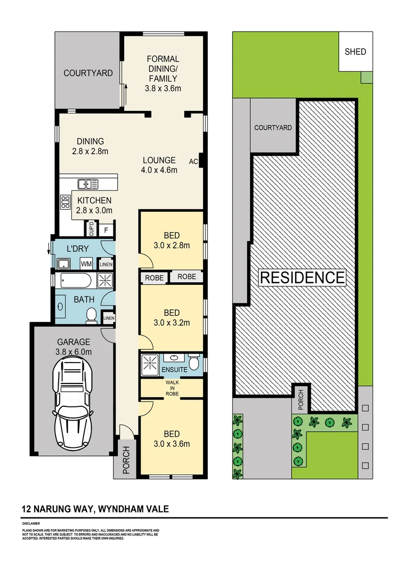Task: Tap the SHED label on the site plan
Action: [x=355, y=52]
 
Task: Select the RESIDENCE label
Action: [x=302, y=277]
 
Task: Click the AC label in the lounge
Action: [x=193, y=161]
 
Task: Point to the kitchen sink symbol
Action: [x=87, y=185]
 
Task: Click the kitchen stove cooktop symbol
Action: [x=66, y=202]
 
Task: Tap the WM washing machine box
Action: [x=86, y=264]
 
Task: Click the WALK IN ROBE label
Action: [x=172, y=388]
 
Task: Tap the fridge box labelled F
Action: [x=106, y=230]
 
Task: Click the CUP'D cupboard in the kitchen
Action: [x=91, y=229]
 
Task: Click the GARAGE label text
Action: [x=74, y=342]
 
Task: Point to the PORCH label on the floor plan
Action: [x=126, y=460]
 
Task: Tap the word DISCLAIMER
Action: [x=32, y=524]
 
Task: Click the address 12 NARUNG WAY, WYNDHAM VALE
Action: [x=95, y=509]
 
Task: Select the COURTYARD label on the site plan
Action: [x=273, y=127]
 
